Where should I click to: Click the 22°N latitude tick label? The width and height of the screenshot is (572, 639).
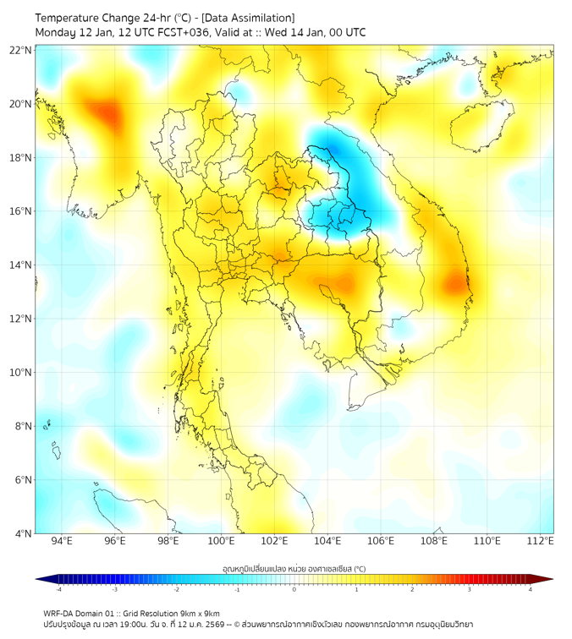(21, 50)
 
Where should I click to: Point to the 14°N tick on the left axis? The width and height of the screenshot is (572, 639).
(21, 265)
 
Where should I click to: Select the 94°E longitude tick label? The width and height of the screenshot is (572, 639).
(62, 541)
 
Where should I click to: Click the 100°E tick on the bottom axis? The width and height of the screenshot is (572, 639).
(221, 541)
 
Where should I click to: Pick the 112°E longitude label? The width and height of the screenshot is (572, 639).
(542, 541)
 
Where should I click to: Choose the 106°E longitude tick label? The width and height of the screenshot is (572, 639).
(382, 541)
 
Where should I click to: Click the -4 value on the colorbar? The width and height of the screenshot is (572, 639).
(58, 589)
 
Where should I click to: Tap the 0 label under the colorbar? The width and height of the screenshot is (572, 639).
(294, 589)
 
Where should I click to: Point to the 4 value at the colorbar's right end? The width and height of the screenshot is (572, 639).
(531, 589)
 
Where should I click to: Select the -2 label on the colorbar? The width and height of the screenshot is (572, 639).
(176, 589)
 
